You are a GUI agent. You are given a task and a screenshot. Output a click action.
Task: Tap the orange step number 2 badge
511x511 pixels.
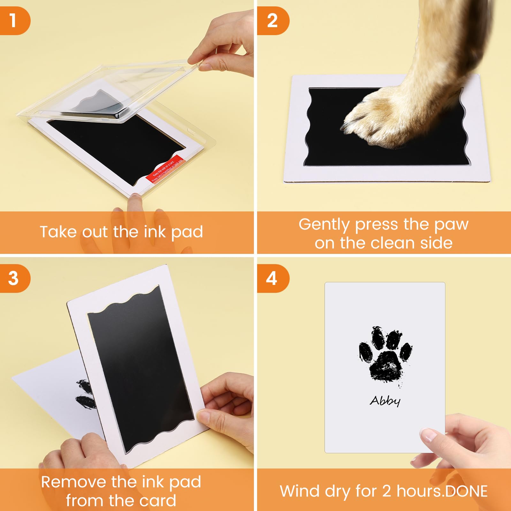272,20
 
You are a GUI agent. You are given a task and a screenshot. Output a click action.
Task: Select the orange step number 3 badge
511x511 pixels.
13,278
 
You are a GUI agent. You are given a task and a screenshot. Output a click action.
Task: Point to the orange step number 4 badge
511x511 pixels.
272,278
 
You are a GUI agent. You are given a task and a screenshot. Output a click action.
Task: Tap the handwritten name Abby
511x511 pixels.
385,401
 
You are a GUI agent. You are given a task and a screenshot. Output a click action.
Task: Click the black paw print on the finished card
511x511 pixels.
385,356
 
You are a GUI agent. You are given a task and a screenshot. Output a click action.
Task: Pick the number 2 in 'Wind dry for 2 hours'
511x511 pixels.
386,491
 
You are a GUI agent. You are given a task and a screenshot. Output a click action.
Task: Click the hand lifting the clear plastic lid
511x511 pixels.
224,45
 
